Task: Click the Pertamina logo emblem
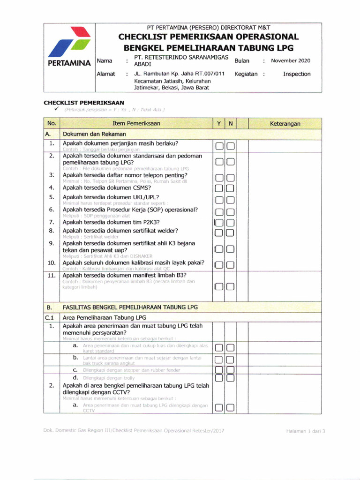point(69,41)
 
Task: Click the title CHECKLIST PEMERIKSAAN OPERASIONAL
point(209,37)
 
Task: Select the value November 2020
point(290,60)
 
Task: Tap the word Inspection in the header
point(296,74)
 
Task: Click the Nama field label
point(104,60)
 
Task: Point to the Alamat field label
point(105,74)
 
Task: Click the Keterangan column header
point(285,124)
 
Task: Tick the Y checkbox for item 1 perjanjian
point(219,147)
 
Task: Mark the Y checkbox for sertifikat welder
point(219,232)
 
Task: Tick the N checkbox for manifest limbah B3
point(230,287)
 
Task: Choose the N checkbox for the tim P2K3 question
point(230,223)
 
